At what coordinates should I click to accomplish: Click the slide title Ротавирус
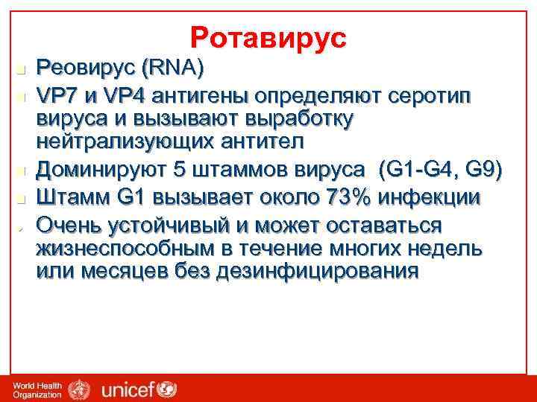pos(268,37)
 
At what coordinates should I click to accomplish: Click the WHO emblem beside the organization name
pos(78,388)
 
